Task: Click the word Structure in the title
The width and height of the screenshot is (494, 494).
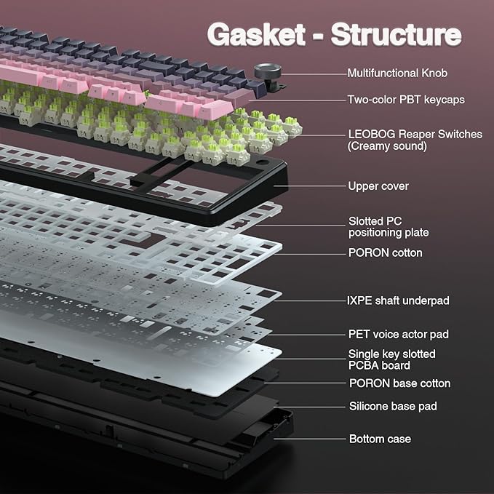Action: point(396,34)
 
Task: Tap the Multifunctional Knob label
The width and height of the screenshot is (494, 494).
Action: point(397,73)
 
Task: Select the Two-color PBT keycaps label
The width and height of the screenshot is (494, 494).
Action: point(405,99)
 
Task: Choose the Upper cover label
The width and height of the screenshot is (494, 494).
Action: point(378,186)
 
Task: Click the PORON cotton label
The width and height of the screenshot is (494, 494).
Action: point(385,252)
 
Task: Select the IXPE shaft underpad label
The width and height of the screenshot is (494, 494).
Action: point(398,300)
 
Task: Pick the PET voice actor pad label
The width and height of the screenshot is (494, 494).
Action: point(398,334)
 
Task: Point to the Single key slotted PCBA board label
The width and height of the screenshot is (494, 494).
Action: point(391,359)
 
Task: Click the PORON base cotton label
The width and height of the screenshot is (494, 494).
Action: point(399,383)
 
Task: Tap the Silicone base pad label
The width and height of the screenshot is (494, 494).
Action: point(393,406)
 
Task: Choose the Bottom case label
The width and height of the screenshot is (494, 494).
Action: point(380,439)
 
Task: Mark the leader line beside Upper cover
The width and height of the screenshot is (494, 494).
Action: point(310,186)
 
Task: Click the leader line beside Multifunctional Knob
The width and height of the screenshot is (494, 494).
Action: point(313,73)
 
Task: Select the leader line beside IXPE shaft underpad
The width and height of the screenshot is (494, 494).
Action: point(313,300)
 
